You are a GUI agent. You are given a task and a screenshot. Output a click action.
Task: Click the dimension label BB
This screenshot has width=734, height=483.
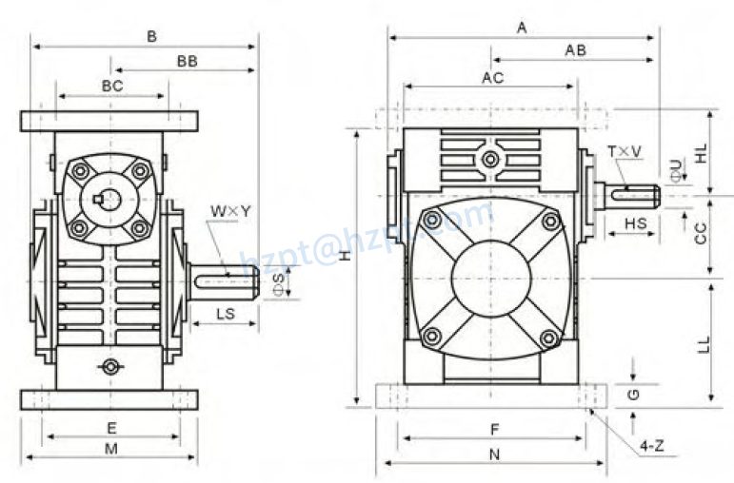(187, 61)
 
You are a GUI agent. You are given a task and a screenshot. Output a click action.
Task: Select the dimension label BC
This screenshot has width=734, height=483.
(112, 86)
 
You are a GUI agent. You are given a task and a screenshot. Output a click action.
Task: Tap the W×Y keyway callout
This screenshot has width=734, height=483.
(231, 210)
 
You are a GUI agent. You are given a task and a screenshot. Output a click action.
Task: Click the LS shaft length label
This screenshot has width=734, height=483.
(226, 313)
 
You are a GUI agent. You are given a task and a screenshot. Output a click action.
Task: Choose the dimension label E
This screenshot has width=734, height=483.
(111, 427)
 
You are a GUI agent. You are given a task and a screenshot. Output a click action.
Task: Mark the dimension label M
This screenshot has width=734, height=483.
(111, 448)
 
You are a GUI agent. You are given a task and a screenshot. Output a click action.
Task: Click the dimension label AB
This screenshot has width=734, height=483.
(575, 50)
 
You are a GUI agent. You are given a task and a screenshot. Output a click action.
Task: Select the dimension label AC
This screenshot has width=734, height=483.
(491, 77)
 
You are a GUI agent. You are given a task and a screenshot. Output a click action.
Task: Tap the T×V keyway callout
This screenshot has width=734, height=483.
(625, 152)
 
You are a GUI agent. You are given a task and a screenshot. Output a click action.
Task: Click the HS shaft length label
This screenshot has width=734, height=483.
(636, 223)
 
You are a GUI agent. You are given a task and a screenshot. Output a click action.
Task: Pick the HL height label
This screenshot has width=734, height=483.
(701, 152)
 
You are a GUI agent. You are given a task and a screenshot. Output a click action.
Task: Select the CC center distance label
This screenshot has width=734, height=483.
(701, 234)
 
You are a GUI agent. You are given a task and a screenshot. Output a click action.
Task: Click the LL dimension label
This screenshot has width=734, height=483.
(703, 343)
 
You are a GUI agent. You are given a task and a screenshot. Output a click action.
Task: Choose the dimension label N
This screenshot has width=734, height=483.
(494, 454)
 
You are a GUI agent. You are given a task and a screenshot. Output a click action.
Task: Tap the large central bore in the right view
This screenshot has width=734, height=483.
(490, 280)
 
